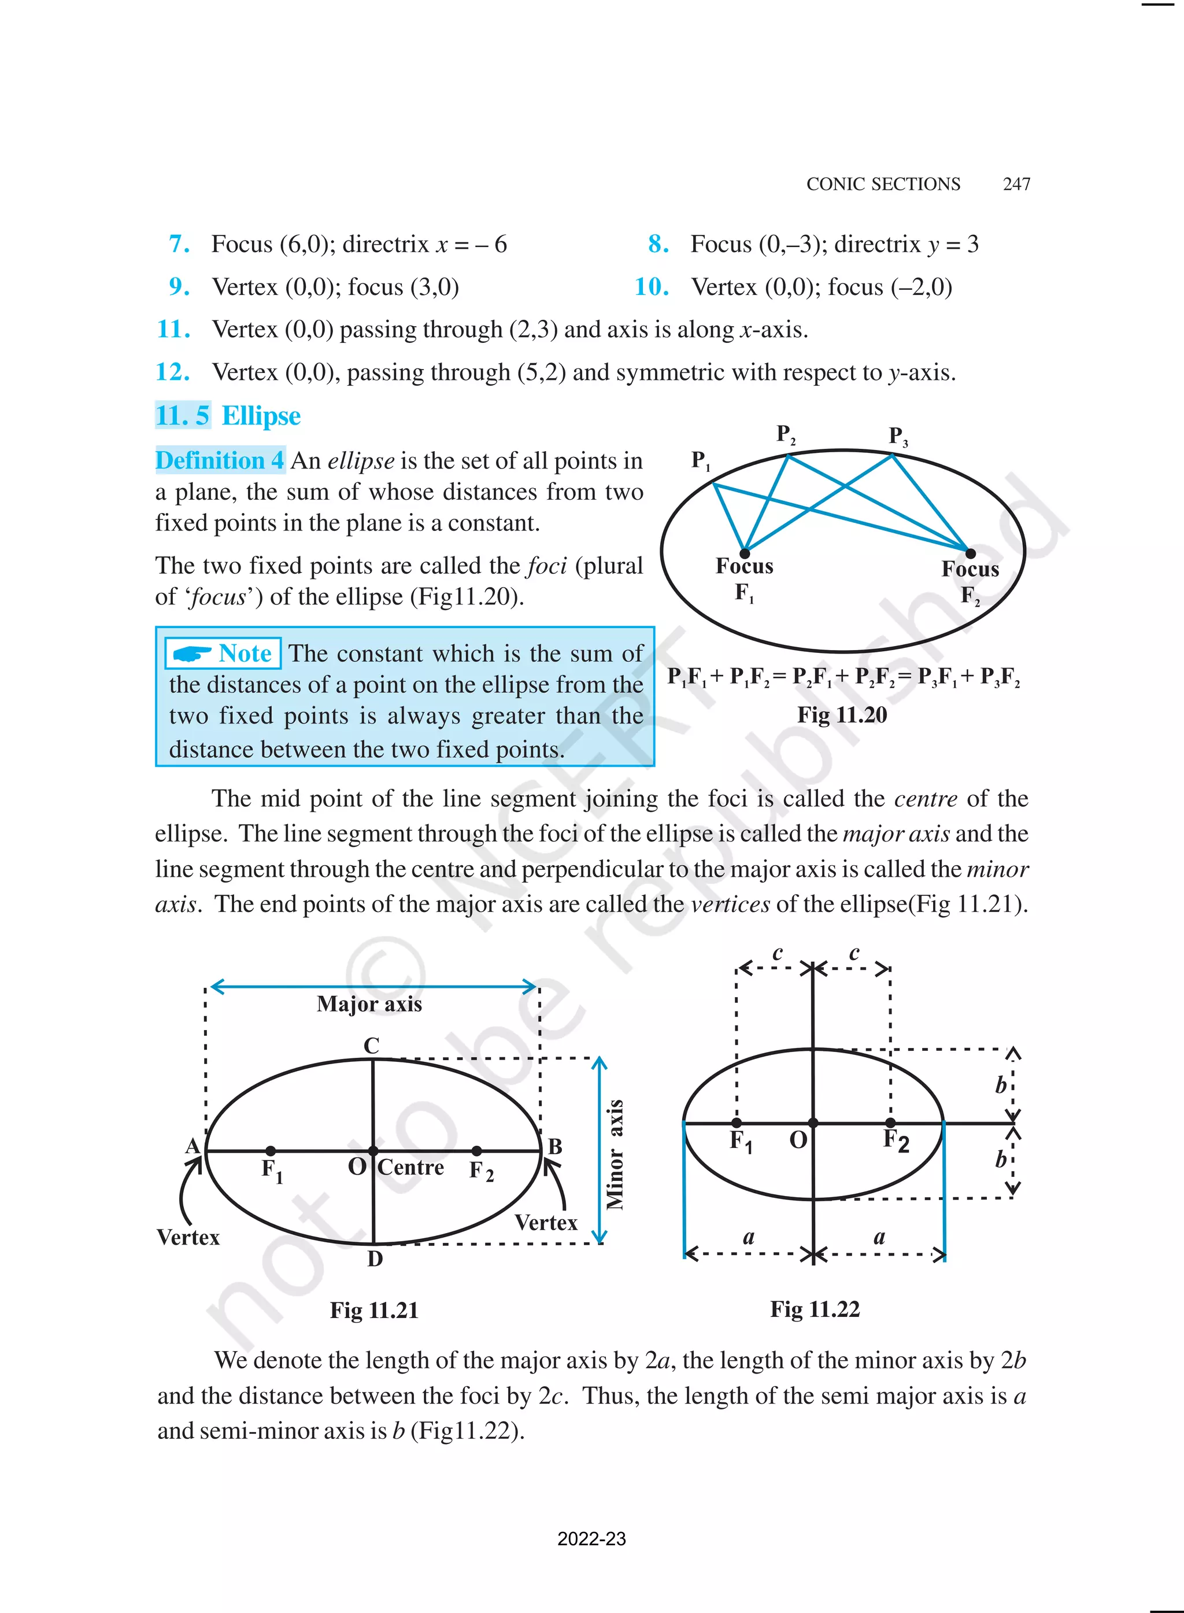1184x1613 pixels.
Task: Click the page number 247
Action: (x=1016, y=184)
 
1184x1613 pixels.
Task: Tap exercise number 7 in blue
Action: (x=179, y=245)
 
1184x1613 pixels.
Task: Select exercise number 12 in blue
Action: (x=173, y=372)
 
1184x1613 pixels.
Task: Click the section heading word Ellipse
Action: (x=261, y=416)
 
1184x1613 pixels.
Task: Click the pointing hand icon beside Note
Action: (x=192, y=654)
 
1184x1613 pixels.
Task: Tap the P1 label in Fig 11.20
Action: (x=700, y=460)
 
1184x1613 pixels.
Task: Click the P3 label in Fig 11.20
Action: (x=898, y=436)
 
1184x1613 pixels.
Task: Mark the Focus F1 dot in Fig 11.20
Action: (x=745, y=553)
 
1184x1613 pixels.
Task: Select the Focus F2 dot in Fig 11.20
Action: (x=971, y=553)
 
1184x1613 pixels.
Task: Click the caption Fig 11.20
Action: (x=842, y=715)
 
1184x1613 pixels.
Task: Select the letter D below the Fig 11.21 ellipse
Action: (x=375, y=1260)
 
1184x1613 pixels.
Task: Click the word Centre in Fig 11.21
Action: (x=410, y=1167)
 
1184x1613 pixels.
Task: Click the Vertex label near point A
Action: (x=188, y=1237)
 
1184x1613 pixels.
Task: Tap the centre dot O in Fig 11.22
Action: (x=813, y=1123)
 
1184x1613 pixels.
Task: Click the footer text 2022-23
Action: (x=591, y=1539)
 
